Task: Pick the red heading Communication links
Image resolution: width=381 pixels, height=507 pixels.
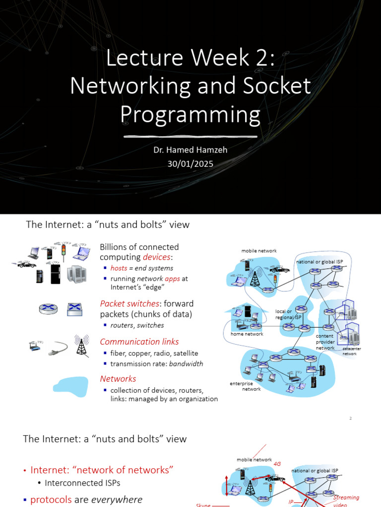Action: pyautogui.click(x=139, y=342)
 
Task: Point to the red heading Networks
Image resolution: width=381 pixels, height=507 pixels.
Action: pyautogui.click(x=118, y=378)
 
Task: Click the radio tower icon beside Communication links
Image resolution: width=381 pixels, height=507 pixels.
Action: pyautogui.click(x=80, y=345)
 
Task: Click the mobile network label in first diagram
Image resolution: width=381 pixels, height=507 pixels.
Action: pyautogui.click(x=258, y=251)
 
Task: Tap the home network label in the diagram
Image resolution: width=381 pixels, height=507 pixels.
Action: pyautogui.click(x=247, y=334)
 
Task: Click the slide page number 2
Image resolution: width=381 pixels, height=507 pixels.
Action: pyautogui.click(x=350, y=418)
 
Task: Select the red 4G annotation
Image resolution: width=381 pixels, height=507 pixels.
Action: pyautogui.click(x=277, y=464)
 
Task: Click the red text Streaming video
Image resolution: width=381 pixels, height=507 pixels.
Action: pyautogui.click(x=346, y=501)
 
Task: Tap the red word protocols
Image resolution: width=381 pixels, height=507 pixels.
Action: pyautogui.click(x=51, y=500)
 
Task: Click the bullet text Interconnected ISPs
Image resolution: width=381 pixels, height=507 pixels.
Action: pyautogui.click(x=82, y=483)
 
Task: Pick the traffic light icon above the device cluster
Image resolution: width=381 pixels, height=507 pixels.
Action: pyautogui.click(x=63, y=251)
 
